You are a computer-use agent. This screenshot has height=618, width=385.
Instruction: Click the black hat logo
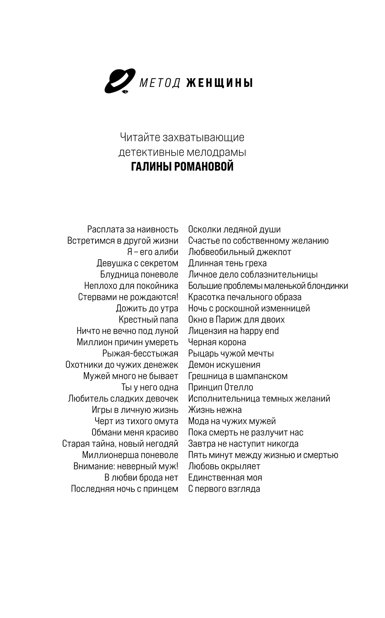[x=119, y=81]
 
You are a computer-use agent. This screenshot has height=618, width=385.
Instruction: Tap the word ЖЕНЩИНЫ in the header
[x=219, y=83]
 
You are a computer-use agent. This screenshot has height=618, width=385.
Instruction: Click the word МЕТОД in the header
[x=160, y=83]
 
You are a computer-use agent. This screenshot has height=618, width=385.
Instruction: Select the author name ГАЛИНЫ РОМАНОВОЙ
[x=182, y=167]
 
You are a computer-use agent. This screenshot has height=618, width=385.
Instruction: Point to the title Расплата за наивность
[x=132, y=229]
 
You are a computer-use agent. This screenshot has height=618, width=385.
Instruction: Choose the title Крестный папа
[x=148, y=320]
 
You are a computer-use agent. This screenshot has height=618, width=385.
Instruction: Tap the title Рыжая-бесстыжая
[x=140, y=354]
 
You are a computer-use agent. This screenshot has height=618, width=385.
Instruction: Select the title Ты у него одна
[x=149, y=387]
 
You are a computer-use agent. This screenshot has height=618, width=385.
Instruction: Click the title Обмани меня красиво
[x=135, y=433]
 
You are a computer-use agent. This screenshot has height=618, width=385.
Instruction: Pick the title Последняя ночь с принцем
[x=125, y=489]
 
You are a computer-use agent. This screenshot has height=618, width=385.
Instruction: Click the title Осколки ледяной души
[x=234, y=229]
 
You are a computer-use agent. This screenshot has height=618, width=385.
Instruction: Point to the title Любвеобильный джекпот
[x=240, y=252]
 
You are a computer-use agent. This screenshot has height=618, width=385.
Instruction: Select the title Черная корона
[x=217, y=342]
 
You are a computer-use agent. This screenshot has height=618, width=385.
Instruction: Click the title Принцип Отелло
[x=221, y=387]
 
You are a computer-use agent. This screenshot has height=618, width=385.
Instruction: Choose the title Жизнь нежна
[x=215, y=410]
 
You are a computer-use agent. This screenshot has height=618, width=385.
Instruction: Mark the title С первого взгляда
[x=224, y=489]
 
